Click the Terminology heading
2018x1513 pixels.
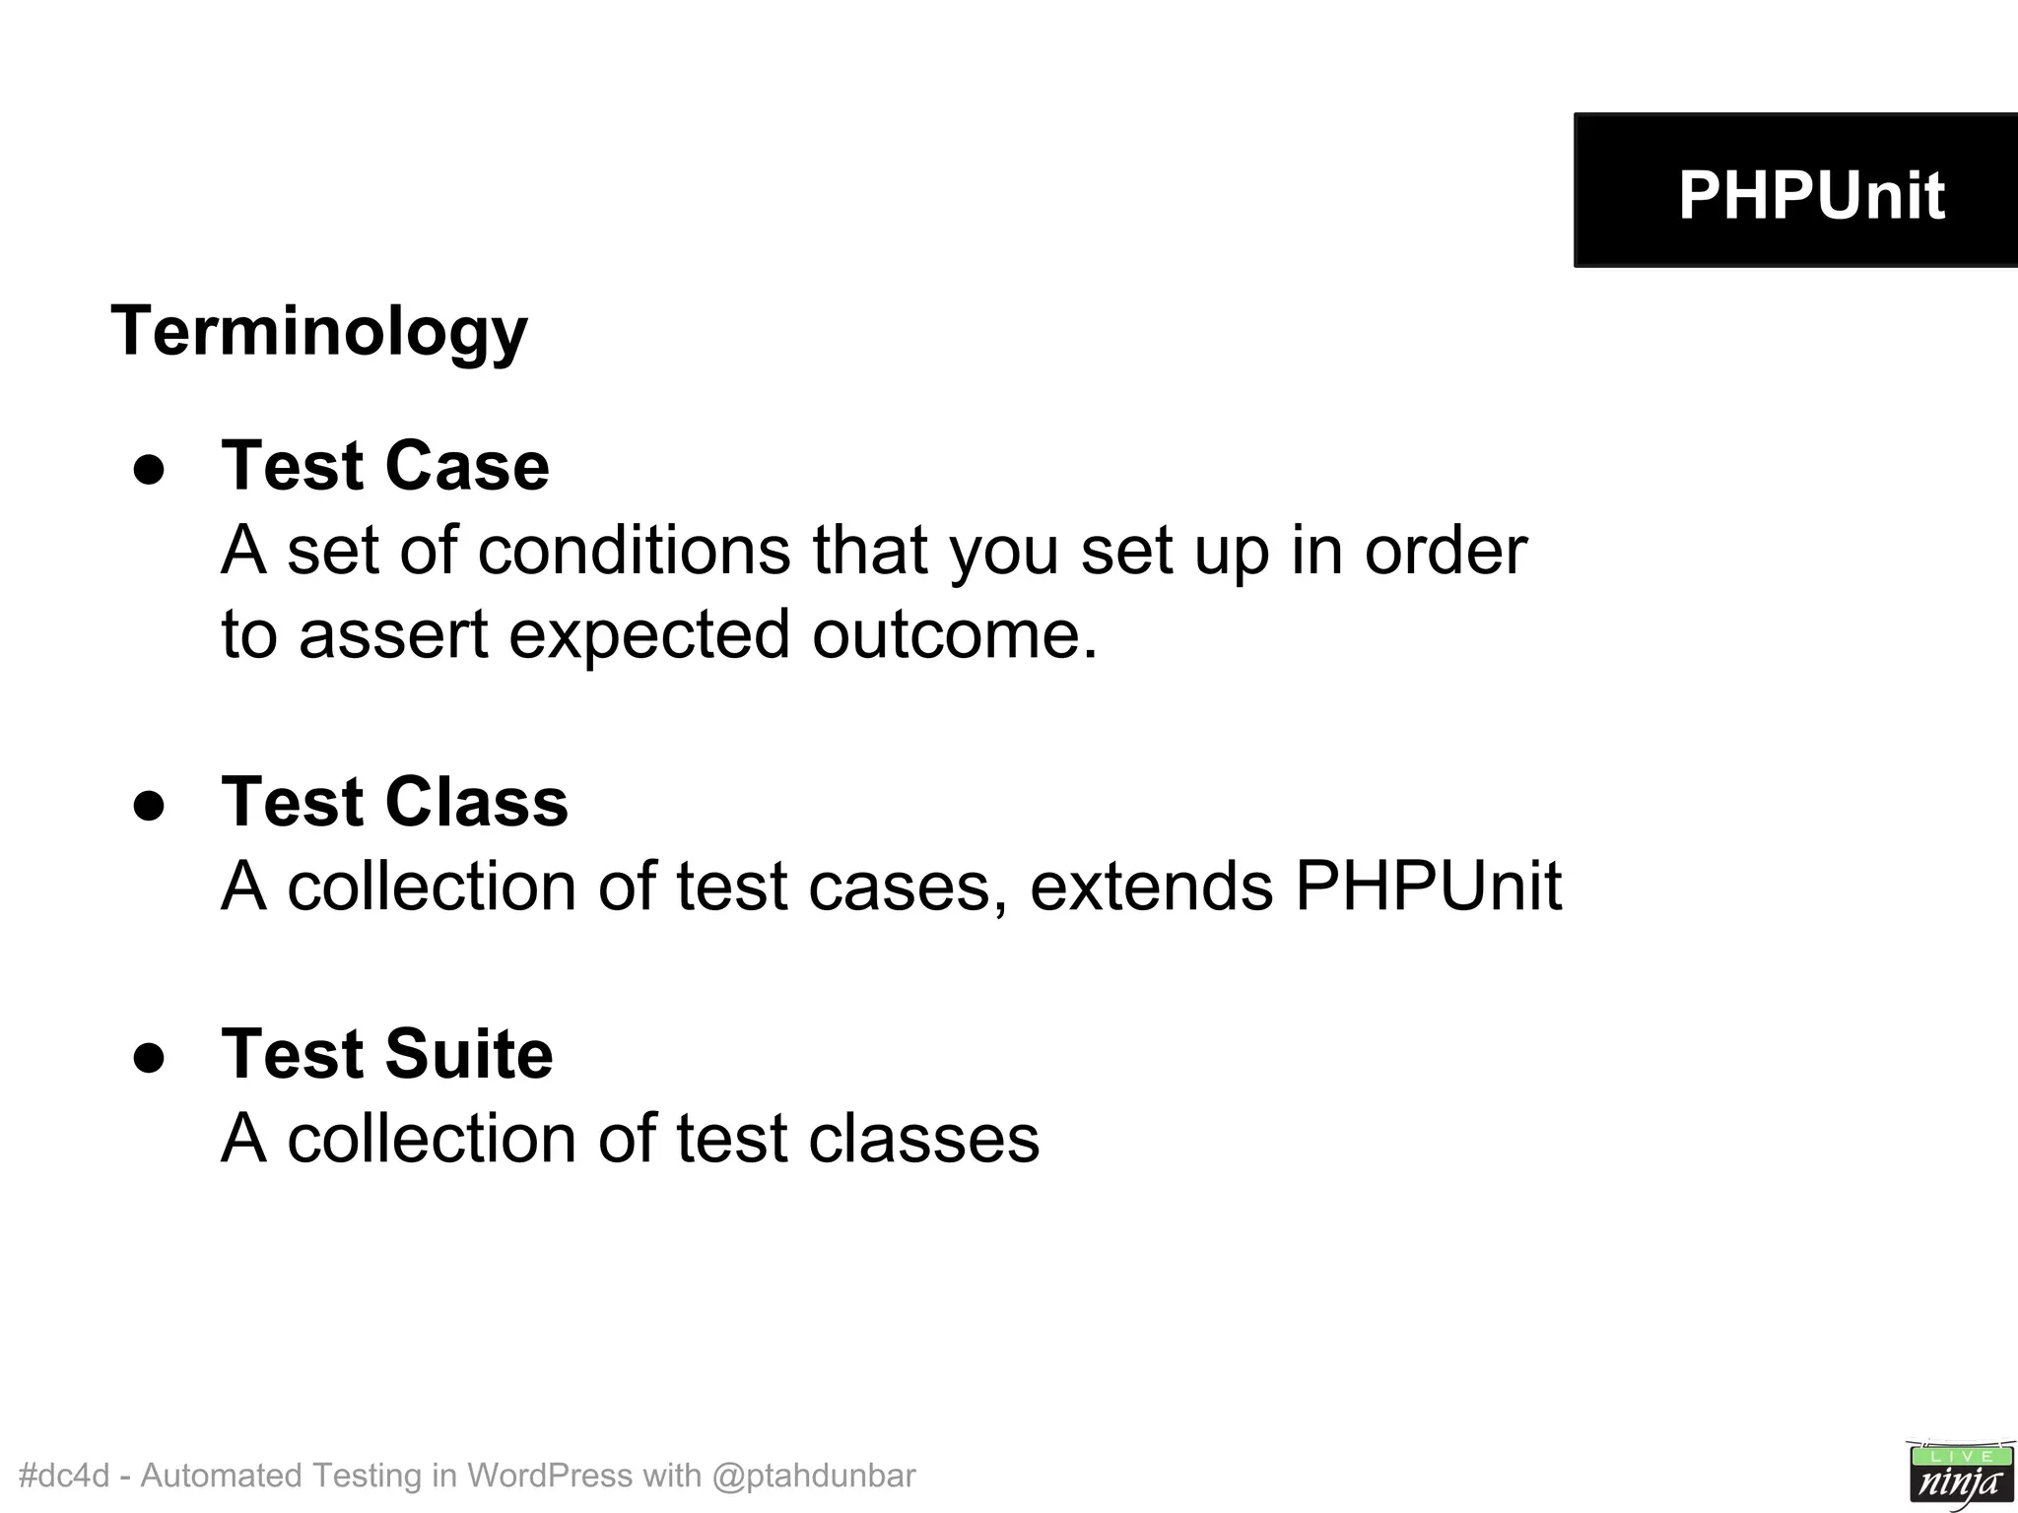click(x=319, y=332)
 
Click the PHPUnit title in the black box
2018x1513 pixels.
click(x=1811, y=195)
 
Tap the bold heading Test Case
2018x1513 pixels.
click(x=385, y=466)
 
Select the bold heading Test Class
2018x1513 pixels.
click(x=395, y=802)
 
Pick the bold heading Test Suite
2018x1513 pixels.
click(x=387, y=1054)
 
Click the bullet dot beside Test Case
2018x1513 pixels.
click(x=150, y=470)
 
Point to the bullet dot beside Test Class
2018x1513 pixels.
click(x=150, y=806)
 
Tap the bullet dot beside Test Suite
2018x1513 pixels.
click(x=150, y=1058)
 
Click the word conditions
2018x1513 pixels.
click(x=634, y=550)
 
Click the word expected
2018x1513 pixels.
click(x=649, y=634)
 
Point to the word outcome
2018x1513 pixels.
click(x=954, y=634)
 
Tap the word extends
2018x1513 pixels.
click(x=1151, y=887)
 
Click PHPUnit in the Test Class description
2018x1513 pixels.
click(x=1428, y=887)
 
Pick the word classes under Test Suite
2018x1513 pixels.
click(x=923, y=1140)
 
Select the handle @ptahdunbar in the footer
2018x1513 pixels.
click(x=813, y=1476)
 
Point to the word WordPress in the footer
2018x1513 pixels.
click(x=549, y=1476)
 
